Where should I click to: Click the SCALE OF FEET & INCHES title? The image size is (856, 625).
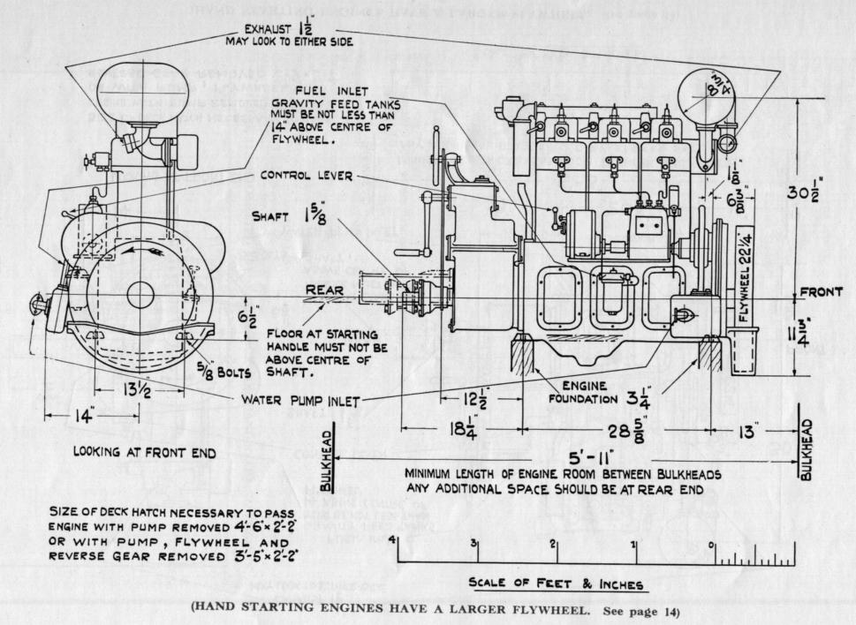click(556, 584)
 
